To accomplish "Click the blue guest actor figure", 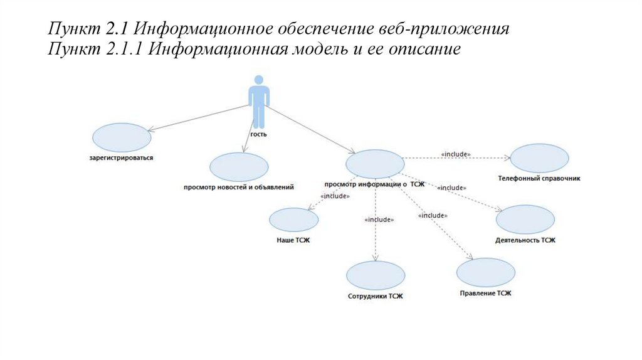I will (259, 100).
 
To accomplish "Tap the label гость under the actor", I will (259, 134).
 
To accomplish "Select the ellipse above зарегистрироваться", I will (121, 137).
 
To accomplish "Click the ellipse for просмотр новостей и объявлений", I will (239, 167).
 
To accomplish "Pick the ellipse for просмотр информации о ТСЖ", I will (374, 164).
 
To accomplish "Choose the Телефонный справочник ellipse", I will (539, 159).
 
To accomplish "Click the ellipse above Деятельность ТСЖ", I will (525, 220).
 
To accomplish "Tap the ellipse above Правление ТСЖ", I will (486, 272).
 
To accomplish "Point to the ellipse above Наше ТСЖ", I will (293, 220).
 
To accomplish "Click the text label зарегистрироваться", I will (122, 158).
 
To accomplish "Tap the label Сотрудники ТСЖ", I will (376, 296).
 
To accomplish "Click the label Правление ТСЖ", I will (486, 293).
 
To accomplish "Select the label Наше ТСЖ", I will (293, 240).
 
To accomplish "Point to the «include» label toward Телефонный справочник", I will (456, 154).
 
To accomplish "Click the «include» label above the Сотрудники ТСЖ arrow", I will (379, 220).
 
